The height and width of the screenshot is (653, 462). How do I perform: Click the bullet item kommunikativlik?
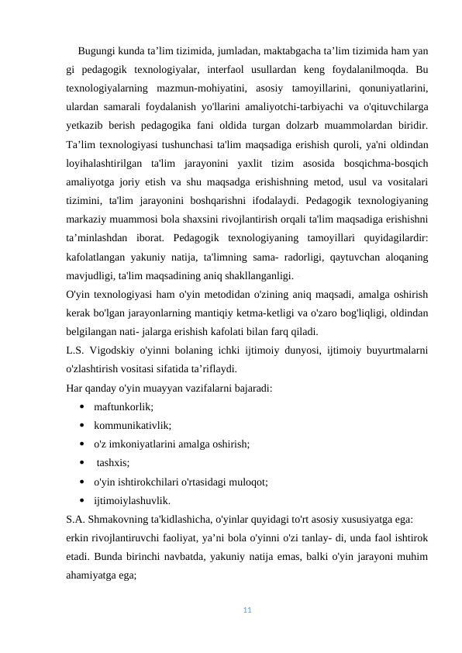click(x=133, y=425)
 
